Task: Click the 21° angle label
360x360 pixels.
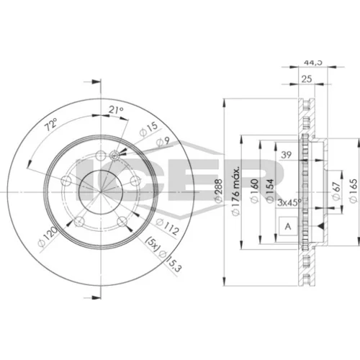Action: click(116, 110)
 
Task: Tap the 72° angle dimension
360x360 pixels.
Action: click(52, 125)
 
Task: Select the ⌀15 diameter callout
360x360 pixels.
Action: click(148, 129)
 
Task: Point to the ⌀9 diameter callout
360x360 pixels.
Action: click(163, 142)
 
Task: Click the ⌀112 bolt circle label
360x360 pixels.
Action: click(167, 227)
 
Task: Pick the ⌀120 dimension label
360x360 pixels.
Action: click(48, 236)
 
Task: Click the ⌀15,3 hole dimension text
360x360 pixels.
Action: click(170, 261)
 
